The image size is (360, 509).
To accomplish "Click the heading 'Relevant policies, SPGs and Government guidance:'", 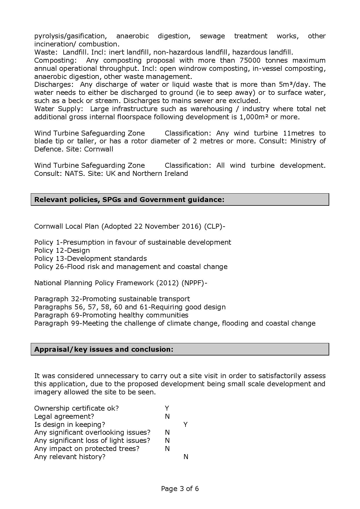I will pos(129,200).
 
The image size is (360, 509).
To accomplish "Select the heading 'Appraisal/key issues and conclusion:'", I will pos(104,349).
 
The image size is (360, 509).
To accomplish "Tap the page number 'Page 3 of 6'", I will pos(180,489).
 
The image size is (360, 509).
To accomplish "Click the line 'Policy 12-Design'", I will pos(62,250).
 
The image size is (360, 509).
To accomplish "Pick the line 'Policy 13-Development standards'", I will pos(91,259).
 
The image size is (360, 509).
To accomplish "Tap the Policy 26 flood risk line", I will pos(131,267).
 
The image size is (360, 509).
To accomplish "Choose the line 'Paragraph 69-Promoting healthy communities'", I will pos(111,315).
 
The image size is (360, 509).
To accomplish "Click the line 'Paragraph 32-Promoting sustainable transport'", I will pos(112,299).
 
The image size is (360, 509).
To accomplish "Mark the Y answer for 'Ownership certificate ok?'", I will pos(167,408).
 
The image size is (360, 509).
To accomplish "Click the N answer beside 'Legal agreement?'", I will pos(167,416).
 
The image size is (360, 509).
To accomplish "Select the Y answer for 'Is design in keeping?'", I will pos(186,425).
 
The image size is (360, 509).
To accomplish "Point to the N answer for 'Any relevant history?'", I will pos(186,457).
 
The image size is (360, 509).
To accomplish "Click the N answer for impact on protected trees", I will pos(167,449).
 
